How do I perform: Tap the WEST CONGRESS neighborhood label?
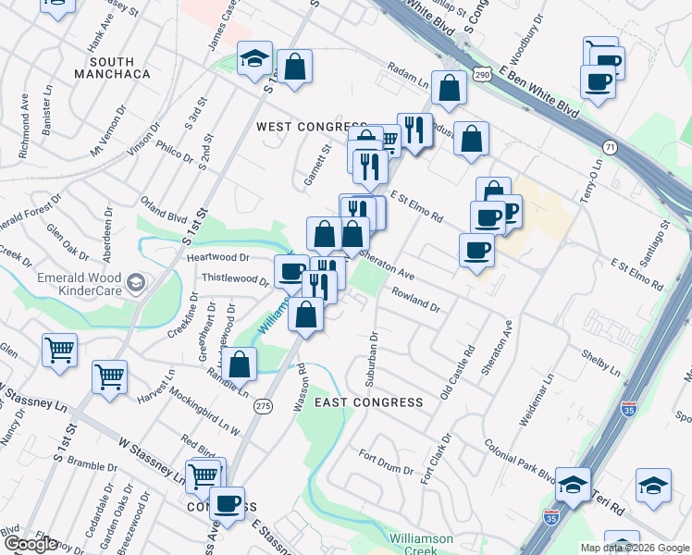point(312,127)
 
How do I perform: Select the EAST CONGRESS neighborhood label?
point(369,402)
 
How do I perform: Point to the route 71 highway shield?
point(609,147)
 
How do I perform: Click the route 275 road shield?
point(263,405)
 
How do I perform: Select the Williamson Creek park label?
point(421,543)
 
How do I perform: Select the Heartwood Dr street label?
point(218,258)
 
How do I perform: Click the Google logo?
point(31,545)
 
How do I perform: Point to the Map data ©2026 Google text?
point(635,548)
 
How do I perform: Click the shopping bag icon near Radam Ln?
point(449,89)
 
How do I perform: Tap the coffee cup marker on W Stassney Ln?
point(227,504)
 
